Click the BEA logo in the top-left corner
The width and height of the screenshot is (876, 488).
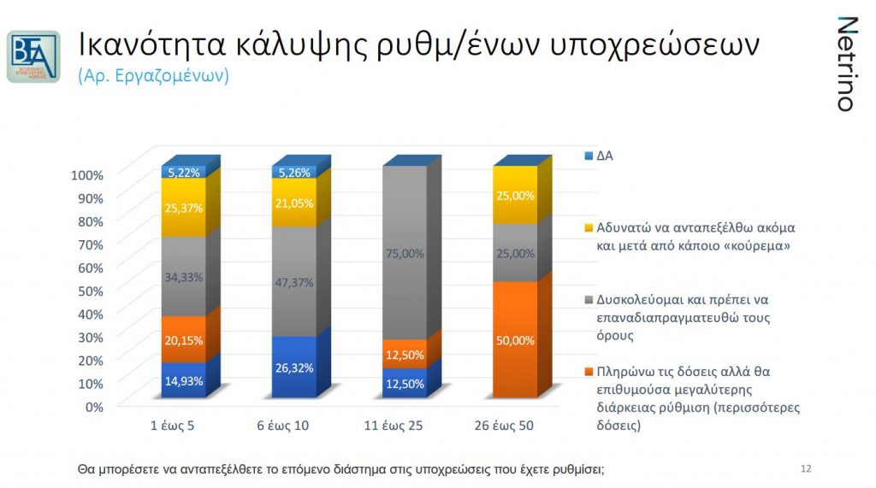pyautogui.click(x=33, y=56)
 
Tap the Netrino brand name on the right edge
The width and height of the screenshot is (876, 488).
pyautogui.click(x=846, y=64)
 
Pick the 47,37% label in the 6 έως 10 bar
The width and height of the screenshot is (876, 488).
pyautogui.click(x=294, y=283)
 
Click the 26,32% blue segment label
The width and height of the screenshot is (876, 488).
pyautogui.click(x=294, y=368)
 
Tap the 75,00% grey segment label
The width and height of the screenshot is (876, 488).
pyautogui.click(x=405, y=253)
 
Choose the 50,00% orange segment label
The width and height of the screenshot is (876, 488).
pyautogui.click(x=515, y=340)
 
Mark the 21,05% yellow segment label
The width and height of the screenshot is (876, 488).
pyautogui.click(x=294, y=203)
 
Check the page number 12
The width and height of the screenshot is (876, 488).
pyautogui.click(x=805, y=468)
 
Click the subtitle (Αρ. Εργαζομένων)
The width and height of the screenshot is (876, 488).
pyautogui.click(x=153, y=75)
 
